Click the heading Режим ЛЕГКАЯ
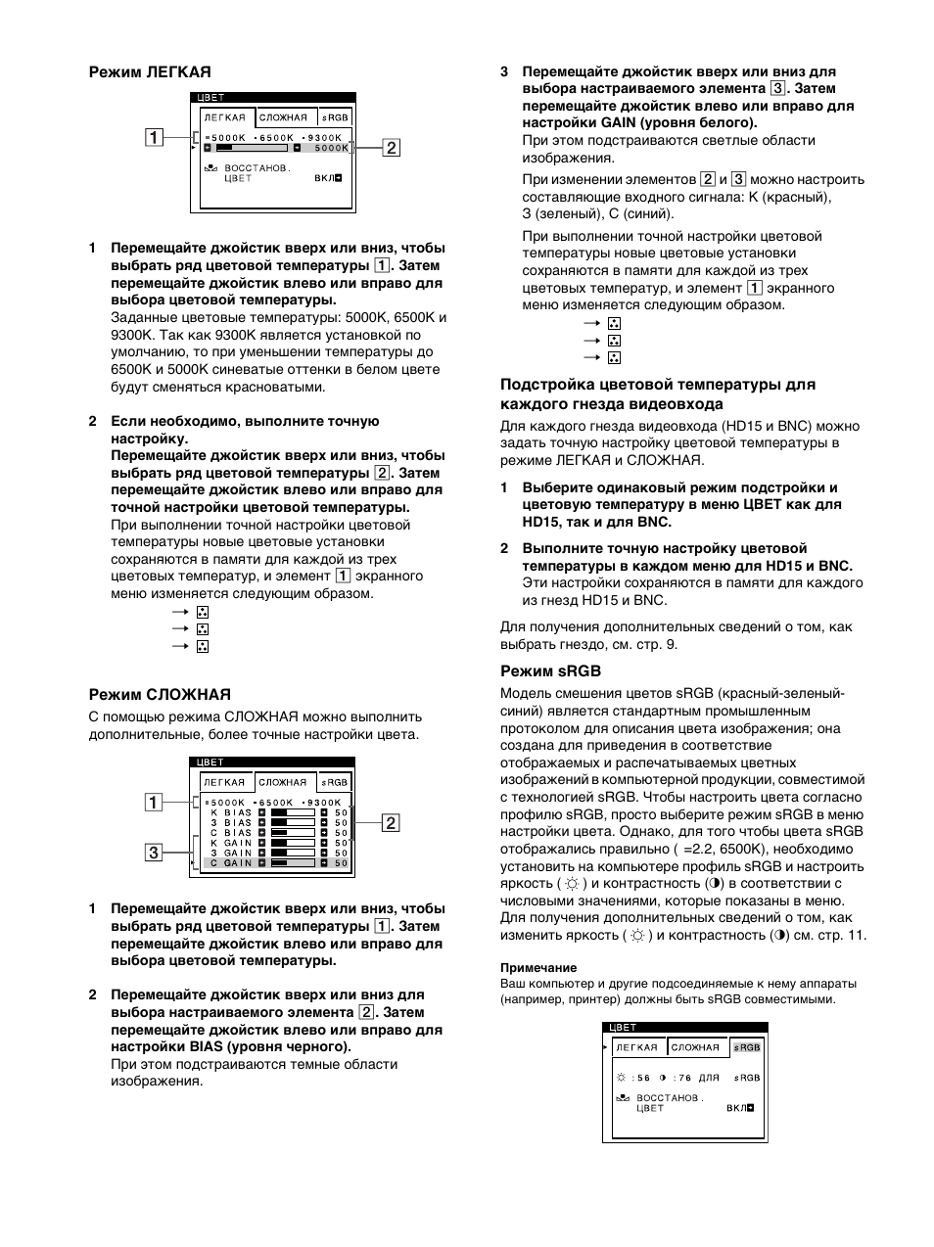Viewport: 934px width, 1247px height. pos(150,71)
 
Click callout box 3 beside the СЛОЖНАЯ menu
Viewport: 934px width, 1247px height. pos(154,852)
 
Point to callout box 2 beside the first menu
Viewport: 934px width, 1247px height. pos(391,148)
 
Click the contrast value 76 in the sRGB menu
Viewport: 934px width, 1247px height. pos(683,1078)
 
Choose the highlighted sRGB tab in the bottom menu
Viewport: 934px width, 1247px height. pos(747,1047)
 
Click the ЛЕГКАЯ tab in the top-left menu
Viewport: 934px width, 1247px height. pos(224,117)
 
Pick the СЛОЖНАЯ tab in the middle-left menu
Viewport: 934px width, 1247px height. pos(282,782)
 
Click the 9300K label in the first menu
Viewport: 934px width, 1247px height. pos(323,137)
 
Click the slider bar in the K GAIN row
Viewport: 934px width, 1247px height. pos(293,843)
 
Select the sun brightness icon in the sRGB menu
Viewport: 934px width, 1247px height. pos(622,1078)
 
